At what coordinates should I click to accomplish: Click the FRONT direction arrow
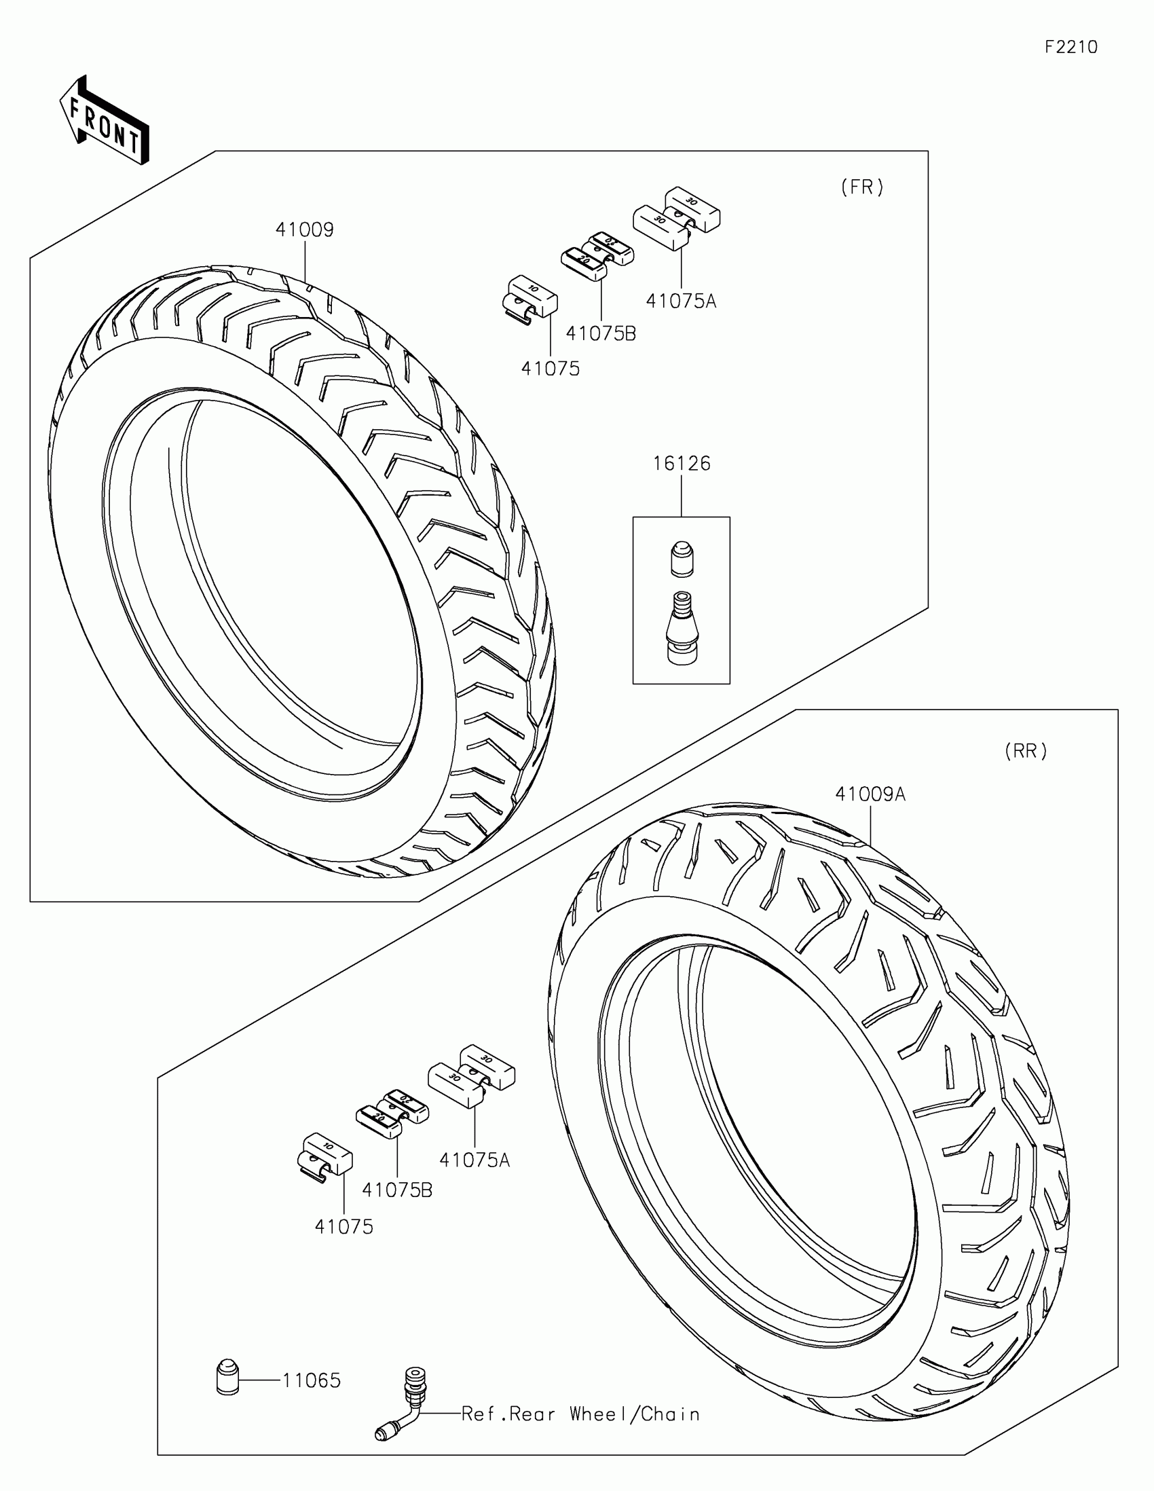coord(105,120)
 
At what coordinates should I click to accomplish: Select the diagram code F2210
coord(1071,47)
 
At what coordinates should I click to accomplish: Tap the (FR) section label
coord(862,187)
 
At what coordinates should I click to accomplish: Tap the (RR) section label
coord(1025,752)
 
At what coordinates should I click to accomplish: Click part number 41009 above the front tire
coord(304,230)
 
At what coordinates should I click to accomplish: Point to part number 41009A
coord(870,794)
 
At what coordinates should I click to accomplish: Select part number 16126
coord(681,464)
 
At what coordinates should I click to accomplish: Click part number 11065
coord(311,1380)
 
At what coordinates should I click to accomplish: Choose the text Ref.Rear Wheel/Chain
coord(581,1414)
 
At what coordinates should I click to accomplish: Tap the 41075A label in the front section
coord(681,301)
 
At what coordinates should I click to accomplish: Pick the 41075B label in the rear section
coord(397,1190)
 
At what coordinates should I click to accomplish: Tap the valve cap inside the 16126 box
coord(681,558)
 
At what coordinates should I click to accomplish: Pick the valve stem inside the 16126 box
coord(681,628)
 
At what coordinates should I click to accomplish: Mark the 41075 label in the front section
coord(550,369)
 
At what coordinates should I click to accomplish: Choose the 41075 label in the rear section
coord(344,1227)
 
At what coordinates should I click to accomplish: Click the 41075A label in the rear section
coord(474,1160)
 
